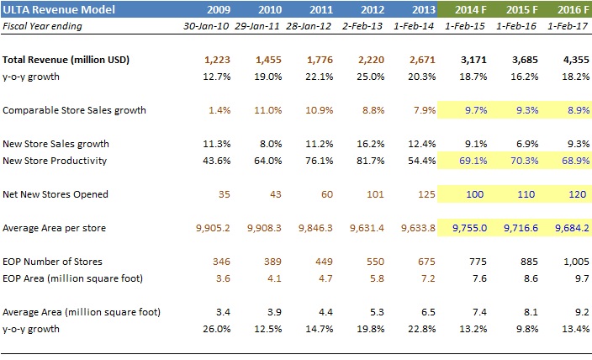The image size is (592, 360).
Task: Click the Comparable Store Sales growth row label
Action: point(74,110)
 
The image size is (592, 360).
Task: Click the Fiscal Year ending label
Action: point(42,26)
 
